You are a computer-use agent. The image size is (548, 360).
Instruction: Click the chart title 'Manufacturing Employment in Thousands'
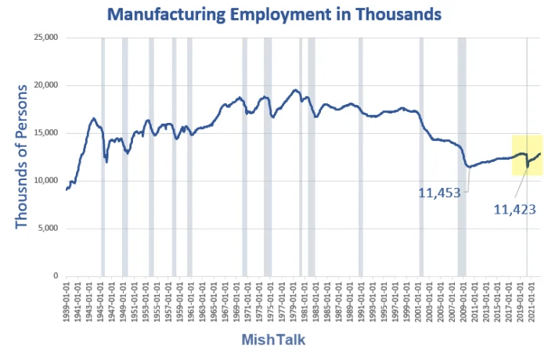click(x=274, y=14)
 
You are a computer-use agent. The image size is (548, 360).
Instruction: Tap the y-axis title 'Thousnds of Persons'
click(x=21, y=157)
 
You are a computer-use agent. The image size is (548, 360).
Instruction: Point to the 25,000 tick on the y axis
click(x=45, y=38)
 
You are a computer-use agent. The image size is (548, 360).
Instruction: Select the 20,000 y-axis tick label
click(x=45, y=85)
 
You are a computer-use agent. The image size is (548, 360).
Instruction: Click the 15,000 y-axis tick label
click(x=45, y=133)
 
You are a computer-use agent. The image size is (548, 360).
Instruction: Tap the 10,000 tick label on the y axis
click(x=45, y=181)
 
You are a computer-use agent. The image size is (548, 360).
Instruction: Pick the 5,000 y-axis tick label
click(x=48, y=229)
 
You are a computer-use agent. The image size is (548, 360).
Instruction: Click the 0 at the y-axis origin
click(x=56, y=276)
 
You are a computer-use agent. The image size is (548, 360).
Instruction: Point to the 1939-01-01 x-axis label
click(x=67, y=301)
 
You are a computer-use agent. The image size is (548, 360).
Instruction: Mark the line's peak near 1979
click(x=295, y=91)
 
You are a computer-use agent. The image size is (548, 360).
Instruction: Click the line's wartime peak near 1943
click(x=93, y=119)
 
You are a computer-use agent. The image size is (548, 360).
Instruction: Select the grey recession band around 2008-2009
click(x=462, y=157)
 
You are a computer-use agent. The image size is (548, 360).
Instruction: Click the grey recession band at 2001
click(x=421, y=157)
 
